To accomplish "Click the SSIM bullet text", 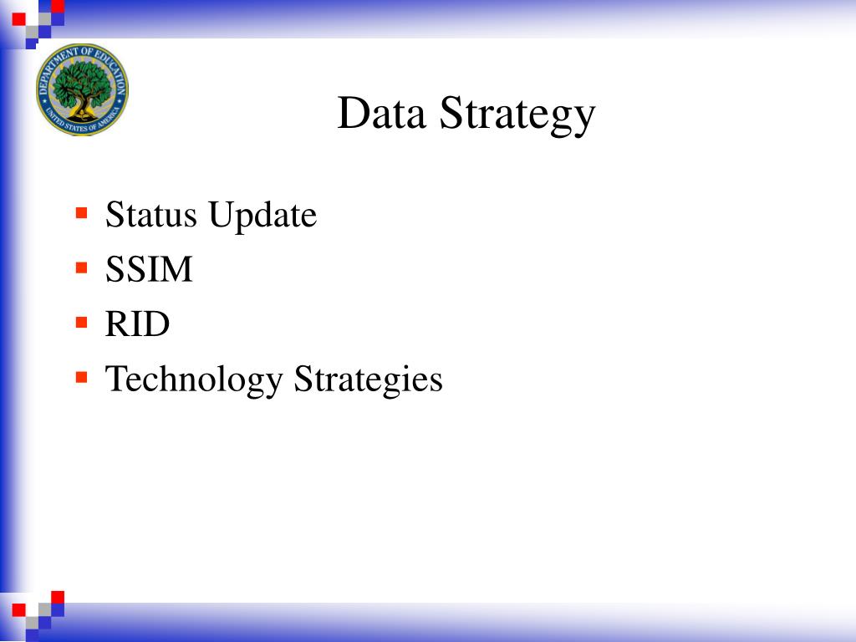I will (149, 269).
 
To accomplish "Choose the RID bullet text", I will (137, 324).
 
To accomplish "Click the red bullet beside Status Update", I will (81, 212).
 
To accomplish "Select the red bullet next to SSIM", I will (81, 267).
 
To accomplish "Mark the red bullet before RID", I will (81, 322).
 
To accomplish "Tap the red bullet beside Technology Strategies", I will (81, 377).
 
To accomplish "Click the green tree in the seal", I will (82, 84).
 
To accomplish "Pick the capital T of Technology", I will (115, 379).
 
